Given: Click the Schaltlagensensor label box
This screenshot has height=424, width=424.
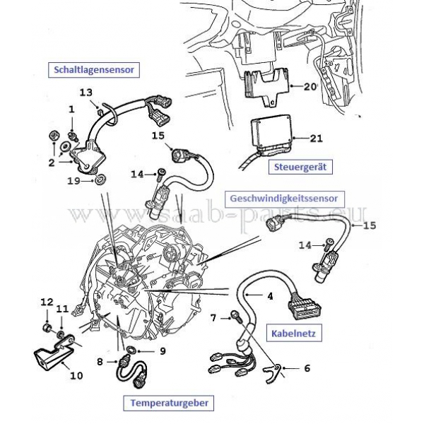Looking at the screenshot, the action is [x=94, y=70].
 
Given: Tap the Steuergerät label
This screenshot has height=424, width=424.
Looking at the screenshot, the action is [x=300, y=167].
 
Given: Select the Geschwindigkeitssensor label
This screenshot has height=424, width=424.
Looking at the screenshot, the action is [x=285, y=198].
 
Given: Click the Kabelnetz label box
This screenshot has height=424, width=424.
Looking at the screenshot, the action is [x=294, y=333].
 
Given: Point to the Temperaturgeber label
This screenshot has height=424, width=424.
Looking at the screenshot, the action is [x=170, y=403].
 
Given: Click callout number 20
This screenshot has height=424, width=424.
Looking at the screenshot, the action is [x=310, y=87].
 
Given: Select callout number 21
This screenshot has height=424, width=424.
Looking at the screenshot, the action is [x=317, y=139].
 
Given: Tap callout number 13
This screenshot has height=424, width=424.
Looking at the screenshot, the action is [x=86, y=93].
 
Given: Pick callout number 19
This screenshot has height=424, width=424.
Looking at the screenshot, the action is [x=73, y=181].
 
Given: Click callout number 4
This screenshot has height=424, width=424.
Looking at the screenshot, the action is [x=270, y=296].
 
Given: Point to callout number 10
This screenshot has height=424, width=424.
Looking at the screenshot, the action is [x=76, y=376].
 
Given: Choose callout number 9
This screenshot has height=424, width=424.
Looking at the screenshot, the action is [x=163, y=351].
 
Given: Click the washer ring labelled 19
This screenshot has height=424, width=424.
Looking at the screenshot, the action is [x=100, y=179].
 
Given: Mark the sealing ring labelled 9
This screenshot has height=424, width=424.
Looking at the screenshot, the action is [x=131, y=349].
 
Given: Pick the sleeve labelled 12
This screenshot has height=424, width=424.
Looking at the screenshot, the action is [x=47, y=327].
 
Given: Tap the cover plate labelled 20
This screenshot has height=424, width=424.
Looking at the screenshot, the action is [x=266, y=86].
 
